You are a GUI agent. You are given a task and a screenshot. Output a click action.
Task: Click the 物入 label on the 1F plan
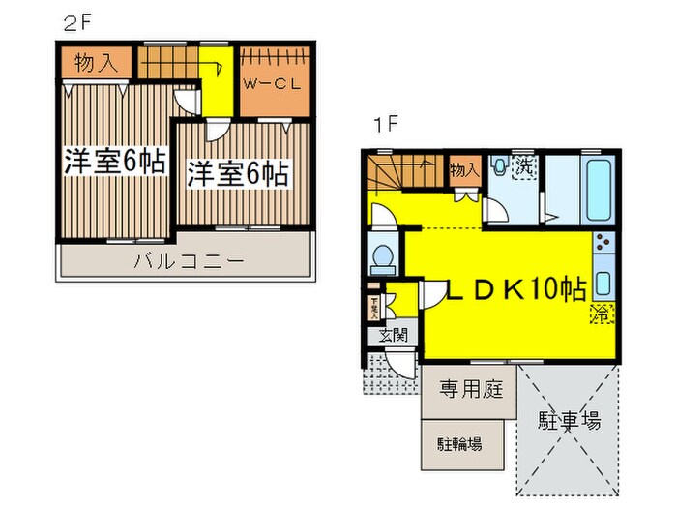(464, 169)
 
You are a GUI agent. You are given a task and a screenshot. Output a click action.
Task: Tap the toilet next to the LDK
(383, 257)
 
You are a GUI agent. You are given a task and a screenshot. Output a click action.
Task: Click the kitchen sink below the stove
(603, 284)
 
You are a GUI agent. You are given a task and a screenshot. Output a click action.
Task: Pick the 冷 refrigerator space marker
(601, 313)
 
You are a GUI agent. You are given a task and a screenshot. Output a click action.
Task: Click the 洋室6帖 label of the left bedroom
(115, 162)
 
